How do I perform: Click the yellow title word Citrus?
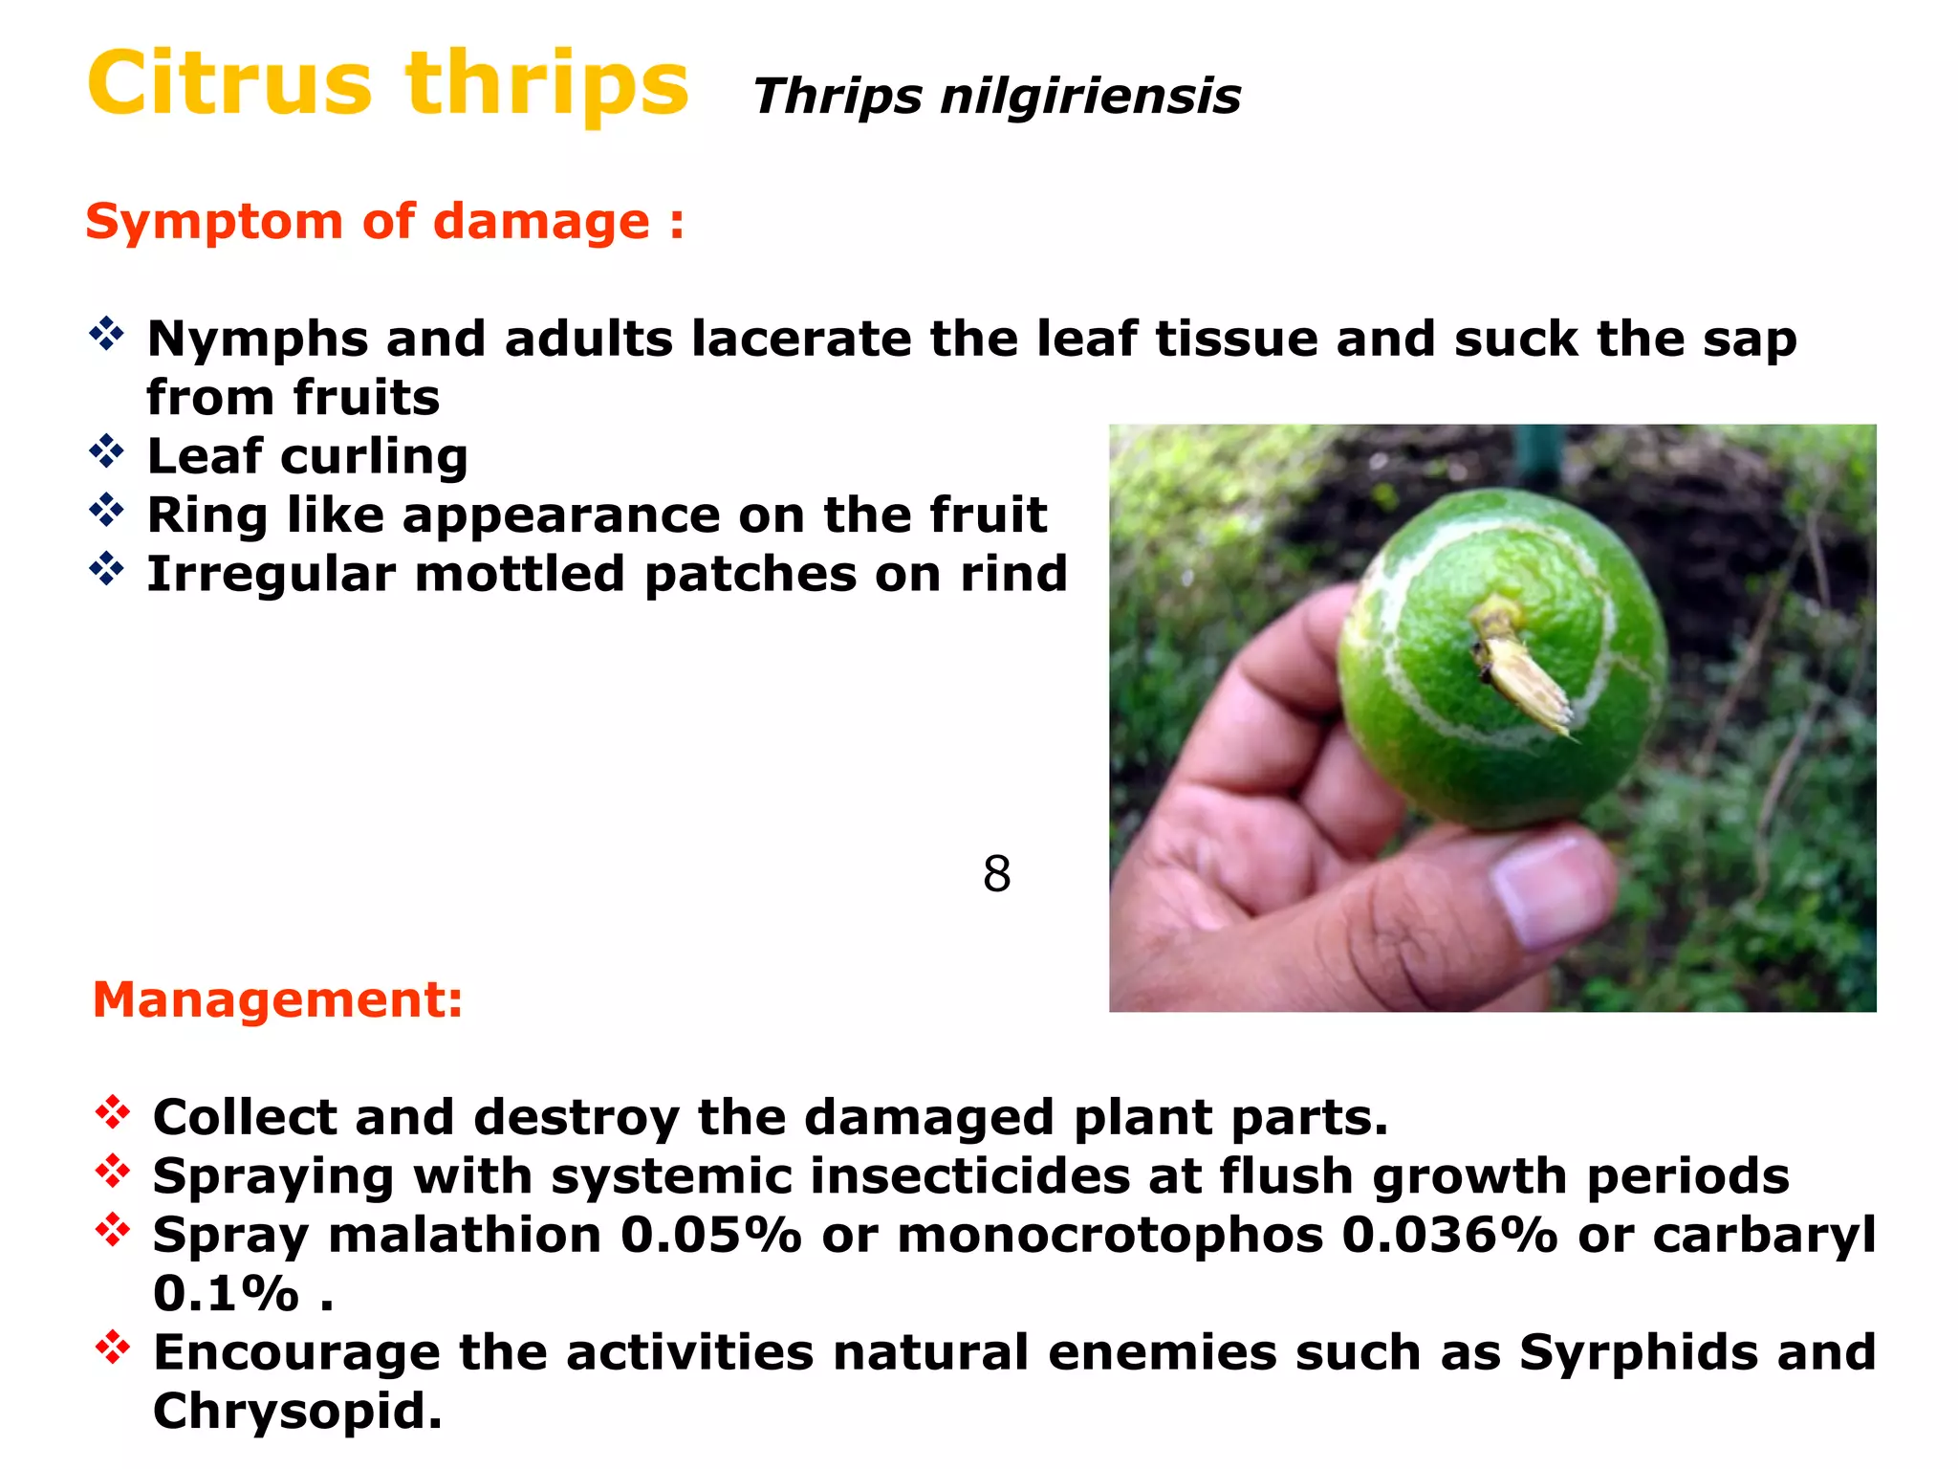pyautogui.click(x=229, y=84)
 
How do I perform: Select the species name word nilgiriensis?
pyautogui.click(x=1090, y=98)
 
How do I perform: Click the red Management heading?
pyautogui.click(x=277, y=1000)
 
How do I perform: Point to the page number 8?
pyautogui.click(x=996, y=874)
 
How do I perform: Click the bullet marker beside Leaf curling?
pyautogui.click(x=106, y=451)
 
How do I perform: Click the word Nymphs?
pyautogui.click(x=257, y=340)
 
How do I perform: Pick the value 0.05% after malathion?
pyautogui.click(x=709, y=1236)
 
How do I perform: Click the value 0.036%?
pyautogui.click(x=1449, y=1236)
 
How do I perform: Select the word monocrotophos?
pyautogui.click(x=1109, y=1236)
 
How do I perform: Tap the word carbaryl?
pyautogui.click(x=1764, y=1236)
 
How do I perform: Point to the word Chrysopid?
pyautogui.click(x=296, y=1412)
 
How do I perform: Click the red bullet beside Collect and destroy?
pyautogui.click(x=113, y=1112)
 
